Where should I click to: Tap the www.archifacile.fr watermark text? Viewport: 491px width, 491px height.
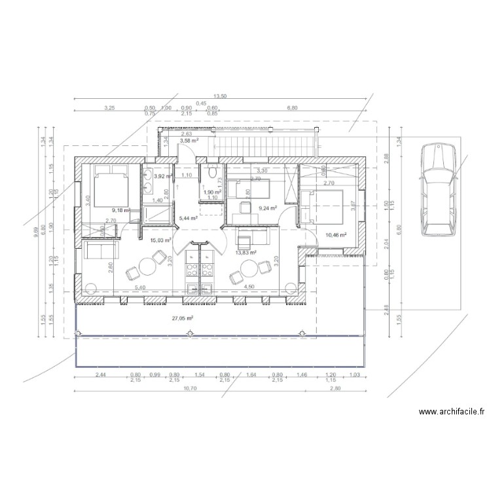(451, 412)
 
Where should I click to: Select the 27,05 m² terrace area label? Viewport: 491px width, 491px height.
(182, 318)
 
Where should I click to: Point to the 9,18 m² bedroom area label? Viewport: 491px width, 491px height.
(120, 210)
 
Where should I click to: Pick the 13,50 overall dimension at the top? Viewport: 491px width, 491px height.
(220, 96)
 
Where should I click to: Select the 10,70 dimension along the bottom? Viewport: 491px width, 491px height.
(190, 388)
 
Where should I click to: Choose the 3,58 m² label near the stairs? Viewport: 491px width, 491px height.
(189, 140)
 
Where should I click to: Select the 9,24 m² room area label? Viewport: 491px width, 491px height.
(268, 208)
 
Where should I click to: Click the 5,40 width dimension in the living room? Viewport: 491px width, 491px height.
(139, 287)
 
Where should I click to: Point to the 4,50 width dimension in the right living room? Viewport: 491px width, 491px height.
(249, 287)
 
